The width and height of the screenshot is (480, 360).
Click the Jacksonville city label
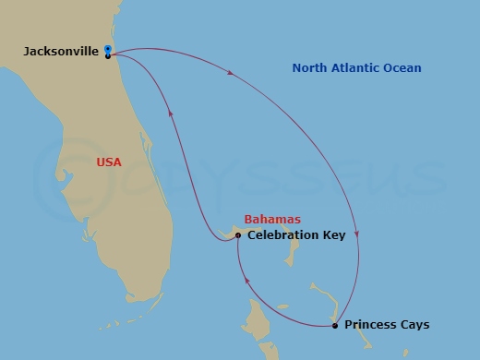(x=61, y=52)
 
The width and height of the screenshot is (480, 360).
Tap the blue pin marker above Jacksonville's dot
(x=108, y=48)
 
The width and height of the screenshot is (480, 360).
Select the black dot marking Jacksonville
(x=108, y=56)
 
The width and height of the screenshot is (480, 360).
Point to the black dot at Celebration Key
(x=238, y=235)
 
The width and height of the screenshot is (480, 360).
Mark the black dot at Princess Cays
(x=334, y=325)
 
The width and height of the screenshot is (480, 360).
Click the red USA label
(x=109, y=162)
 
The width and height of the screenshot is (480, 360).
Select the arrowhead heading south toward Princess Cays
(x=356, y=234)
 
